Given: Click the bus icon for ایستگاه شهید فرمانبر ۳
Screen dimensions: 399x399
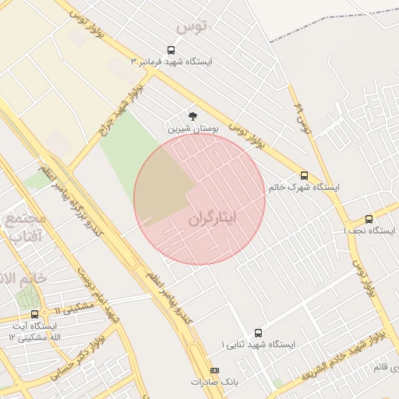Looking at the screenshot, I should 171,49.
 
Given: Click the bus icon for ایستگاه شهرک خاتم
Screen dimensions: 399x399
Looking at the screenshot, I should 304,176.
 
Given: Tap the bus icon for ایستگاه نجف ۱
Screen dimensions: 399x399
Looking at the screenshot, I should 369,219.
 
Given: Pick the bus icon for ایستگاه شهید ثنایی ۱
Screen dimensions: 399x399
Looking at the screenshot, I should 258,332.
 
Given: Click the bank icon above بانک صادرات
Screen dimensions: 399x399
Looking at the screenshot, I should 215,370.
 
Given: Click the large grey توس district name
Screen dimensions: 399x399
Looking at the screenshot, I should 192,28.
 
